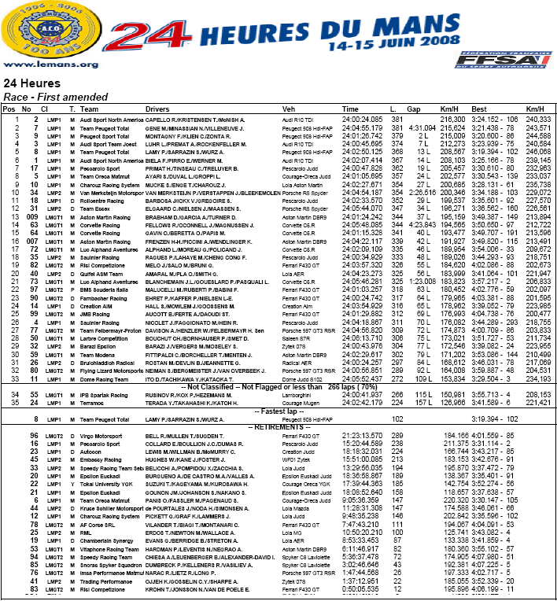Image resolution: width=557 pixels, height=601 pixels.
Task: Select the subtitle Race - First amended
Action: pyautogui.click(x=48, y=95)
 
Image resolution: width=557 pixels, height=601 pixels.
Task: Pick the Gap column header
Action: pyautogui.click(x=415, y=109)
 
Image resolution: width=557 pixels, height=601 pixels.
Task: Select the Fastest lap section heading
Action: pyautogui.click(x=278, y=412)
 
